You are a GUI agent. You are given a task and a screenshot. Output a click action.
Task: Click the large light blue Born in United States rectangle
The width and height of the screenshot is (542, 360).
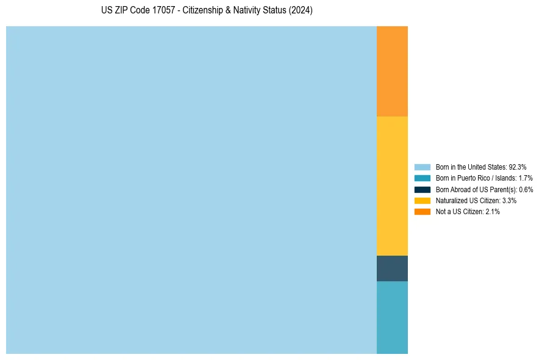pos(191,190)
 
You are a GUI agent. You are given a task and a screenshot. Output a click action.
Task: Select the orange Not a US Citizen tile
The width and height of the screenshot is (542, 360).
pos(392,71)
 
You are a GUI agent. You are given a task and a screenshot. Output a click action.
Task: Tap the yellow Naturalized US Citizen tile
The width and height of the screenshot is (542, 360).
pos(392,185)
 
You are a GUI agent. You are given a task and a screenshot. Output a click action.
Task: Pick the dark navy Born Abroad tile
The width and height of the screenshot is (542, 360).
pos(392,268)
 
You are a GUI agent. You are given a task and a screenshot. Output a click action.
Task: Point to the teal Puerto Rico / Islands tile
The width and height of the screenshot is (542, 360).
pos(392,317)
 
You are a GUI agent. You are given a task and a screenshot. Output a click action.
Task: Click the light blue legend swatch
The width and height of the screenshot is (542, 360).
pos(423,167)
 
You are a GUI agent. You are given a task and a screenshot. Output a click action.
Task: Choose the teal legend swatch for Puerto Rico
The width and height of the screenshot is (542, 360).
pos(423,178)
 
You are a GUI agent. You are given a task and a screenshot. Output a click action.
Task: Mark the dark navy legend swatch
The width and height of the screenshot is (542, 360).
pos(423,189)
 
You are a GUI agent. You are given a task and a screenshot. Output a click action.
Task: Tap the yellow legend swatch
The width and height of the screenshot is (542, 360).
pos(423,200)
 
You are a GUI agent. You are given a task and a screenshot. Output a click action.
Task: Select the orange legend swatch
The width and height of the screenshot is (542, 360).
pos(423,212)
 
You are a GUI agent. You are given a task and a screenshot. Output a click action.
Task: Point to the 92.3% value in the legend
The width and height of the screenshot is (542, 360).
pos(518,167)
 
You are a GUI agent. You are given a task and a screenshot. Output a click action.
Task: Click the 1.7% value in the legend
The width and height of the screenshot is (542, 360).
pos(526,178)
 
